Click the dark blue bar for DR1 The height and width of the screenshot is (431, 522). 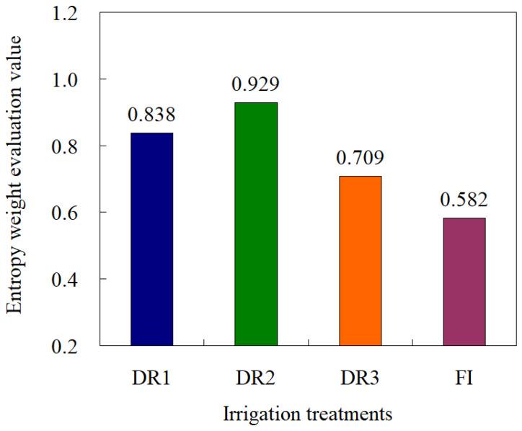pos(151,239)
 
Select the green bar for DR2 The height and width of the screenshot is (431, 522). pos(256,224)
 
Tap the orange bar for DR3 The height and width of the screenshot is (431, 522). pos(360,260)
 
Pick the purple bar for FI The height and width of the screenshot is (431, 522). pos(464,281)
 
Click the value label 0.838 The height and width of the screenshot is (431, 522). pos(151,115)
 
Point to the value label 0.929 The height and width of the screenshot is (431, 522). pos(256,85)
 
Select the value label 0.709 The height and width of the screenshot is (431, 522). pos(360,159)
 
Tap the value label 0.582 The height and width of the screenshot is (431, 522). pos(464,200)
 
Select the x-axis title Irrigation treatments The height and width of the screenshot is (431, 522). pos(308,414)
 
